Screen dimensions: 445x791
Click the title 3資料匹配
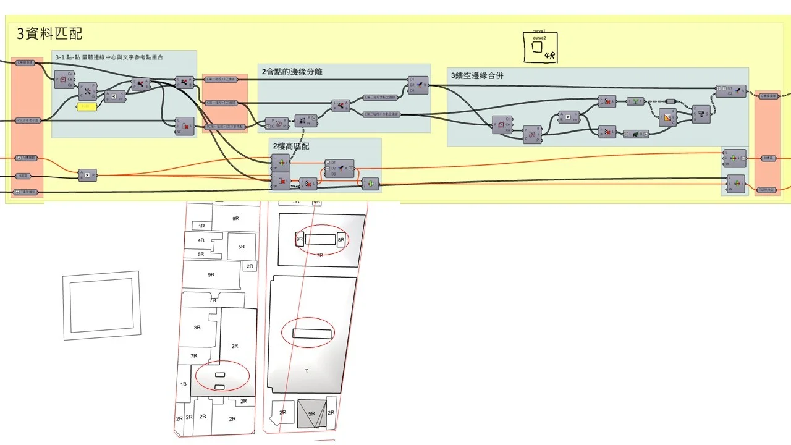pos(49,33)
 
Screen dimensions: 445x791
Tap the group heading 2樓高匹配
pos(291,146)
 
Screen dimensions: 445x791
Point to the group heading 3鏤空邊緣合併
pos(486,75)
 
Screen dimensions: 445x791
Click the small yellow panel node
pos(87,107)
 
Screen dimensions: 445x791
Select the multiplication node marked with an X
pos(87,176)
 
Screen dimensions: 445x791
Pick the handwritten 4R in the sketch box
pos(549,57)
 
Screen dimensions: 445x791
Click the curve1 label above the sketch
pos(538,30)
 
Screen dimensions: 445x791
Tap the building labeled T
pos(307,371)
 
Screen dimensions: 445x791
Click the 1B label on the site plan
pos(183,384)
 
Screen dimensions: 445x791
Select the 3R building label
pos(197,328)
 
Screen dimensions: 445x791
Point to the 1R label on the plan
pos(201,226)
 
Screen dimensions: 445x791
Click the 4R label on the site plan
pos(201,240)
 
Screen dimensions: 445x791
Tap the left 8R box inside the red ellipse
pos(300,239)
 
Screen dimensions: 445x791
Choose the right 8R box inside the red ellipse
pos(341,239)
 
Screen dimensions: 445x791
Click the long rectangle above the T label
pos(313,334)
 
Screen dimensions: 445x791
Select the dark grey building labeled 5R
pos(312,413)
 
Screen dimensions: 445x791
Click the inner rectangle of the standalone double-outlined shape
pos(101,303)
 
